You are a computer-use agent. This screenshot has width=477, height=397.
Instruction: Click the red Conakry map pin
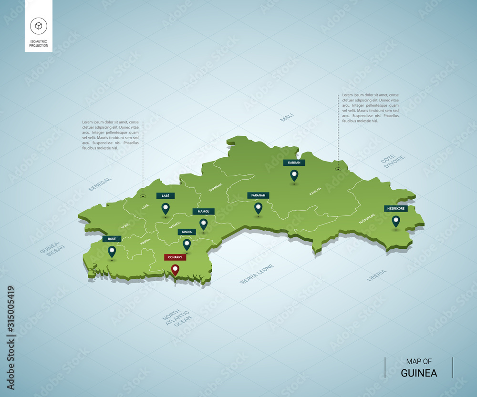click(x=176, y=270)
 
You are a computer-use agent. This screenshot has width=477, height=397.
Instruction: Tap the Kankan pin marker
click(x=294, y=176)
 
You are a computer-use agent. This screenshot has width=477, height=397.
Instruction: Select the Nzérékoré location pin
click(x=396, y=221)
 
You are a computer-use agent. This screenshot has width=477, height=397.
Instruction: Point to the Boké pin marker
click(x=112, y=251)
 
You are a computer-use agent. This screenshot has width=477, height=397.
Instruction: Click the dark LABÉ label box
click(x=165, y=195)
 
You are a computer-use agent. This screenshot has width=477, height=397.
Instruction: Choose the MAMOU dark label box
click(x=204, y=211)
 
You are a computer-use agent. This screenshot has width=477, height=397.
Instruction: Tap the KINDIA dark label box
click(x=187, y=232)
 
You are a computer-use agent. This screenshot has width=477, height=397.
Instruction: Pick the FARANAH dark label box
click(x=258, y=195)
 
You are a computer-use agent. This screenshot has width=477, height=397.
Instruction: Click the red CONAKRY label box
click(x=175, y=257)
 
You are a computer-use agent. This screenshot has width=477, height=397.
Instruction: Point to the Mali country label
click(x=287, y=117)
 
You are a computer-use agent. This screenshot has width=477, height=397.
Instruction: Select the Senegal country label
click(x=100, y=184)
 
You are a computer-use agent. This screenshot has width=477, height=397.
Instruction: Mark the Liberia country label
click(x=376, y=275)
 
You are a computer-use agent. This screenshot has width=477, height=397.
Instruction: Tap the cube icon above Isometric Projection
click(x=38, y=26)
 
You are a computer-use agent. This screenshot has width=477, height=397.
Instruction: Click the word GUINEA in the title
click(x=419, y=373)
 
